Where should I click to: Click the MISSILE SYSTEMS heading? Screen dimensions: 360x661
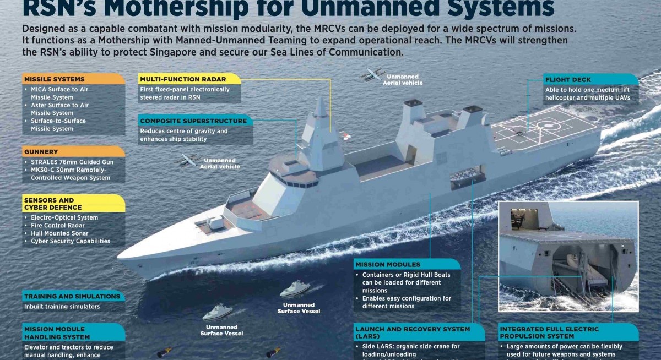click(x=54, y=79)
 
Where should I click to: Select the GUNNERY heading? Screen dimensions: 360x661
click(x=41, y=152)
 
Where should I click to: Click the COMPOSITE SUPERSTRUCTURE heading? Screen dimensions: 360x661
click(x=193, y=121)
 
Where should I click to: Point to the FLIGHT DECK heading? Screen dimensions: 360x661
click(x=567, y=80)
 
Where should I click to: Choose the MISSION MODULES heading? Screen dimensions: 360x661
click(x=387, y=265)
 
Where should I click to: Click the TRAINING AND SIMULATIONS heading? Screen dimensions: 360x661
click(x=72, y=296)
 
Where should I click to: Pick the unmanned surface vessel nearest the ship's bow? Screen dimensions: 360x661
click(x=218, y=312)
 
